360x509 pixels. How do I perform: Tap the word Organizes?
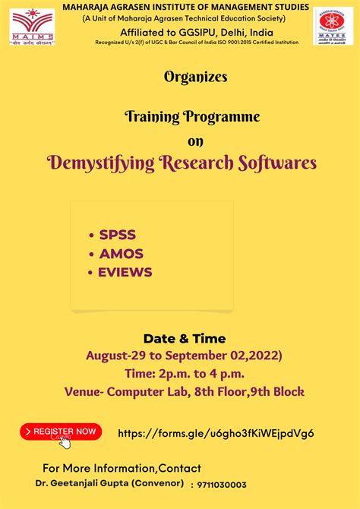194,77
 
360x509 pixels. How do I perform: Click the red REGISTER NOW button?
61,432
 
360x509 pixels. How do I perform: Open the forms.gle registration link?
216,433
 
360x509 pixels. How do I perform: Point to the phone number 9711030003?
222,485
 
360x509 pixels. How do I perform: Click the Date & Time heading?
185,338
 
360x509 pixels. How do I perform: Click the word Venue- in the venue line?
86,392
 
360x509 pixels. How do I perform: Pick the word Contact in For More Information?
180,468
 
